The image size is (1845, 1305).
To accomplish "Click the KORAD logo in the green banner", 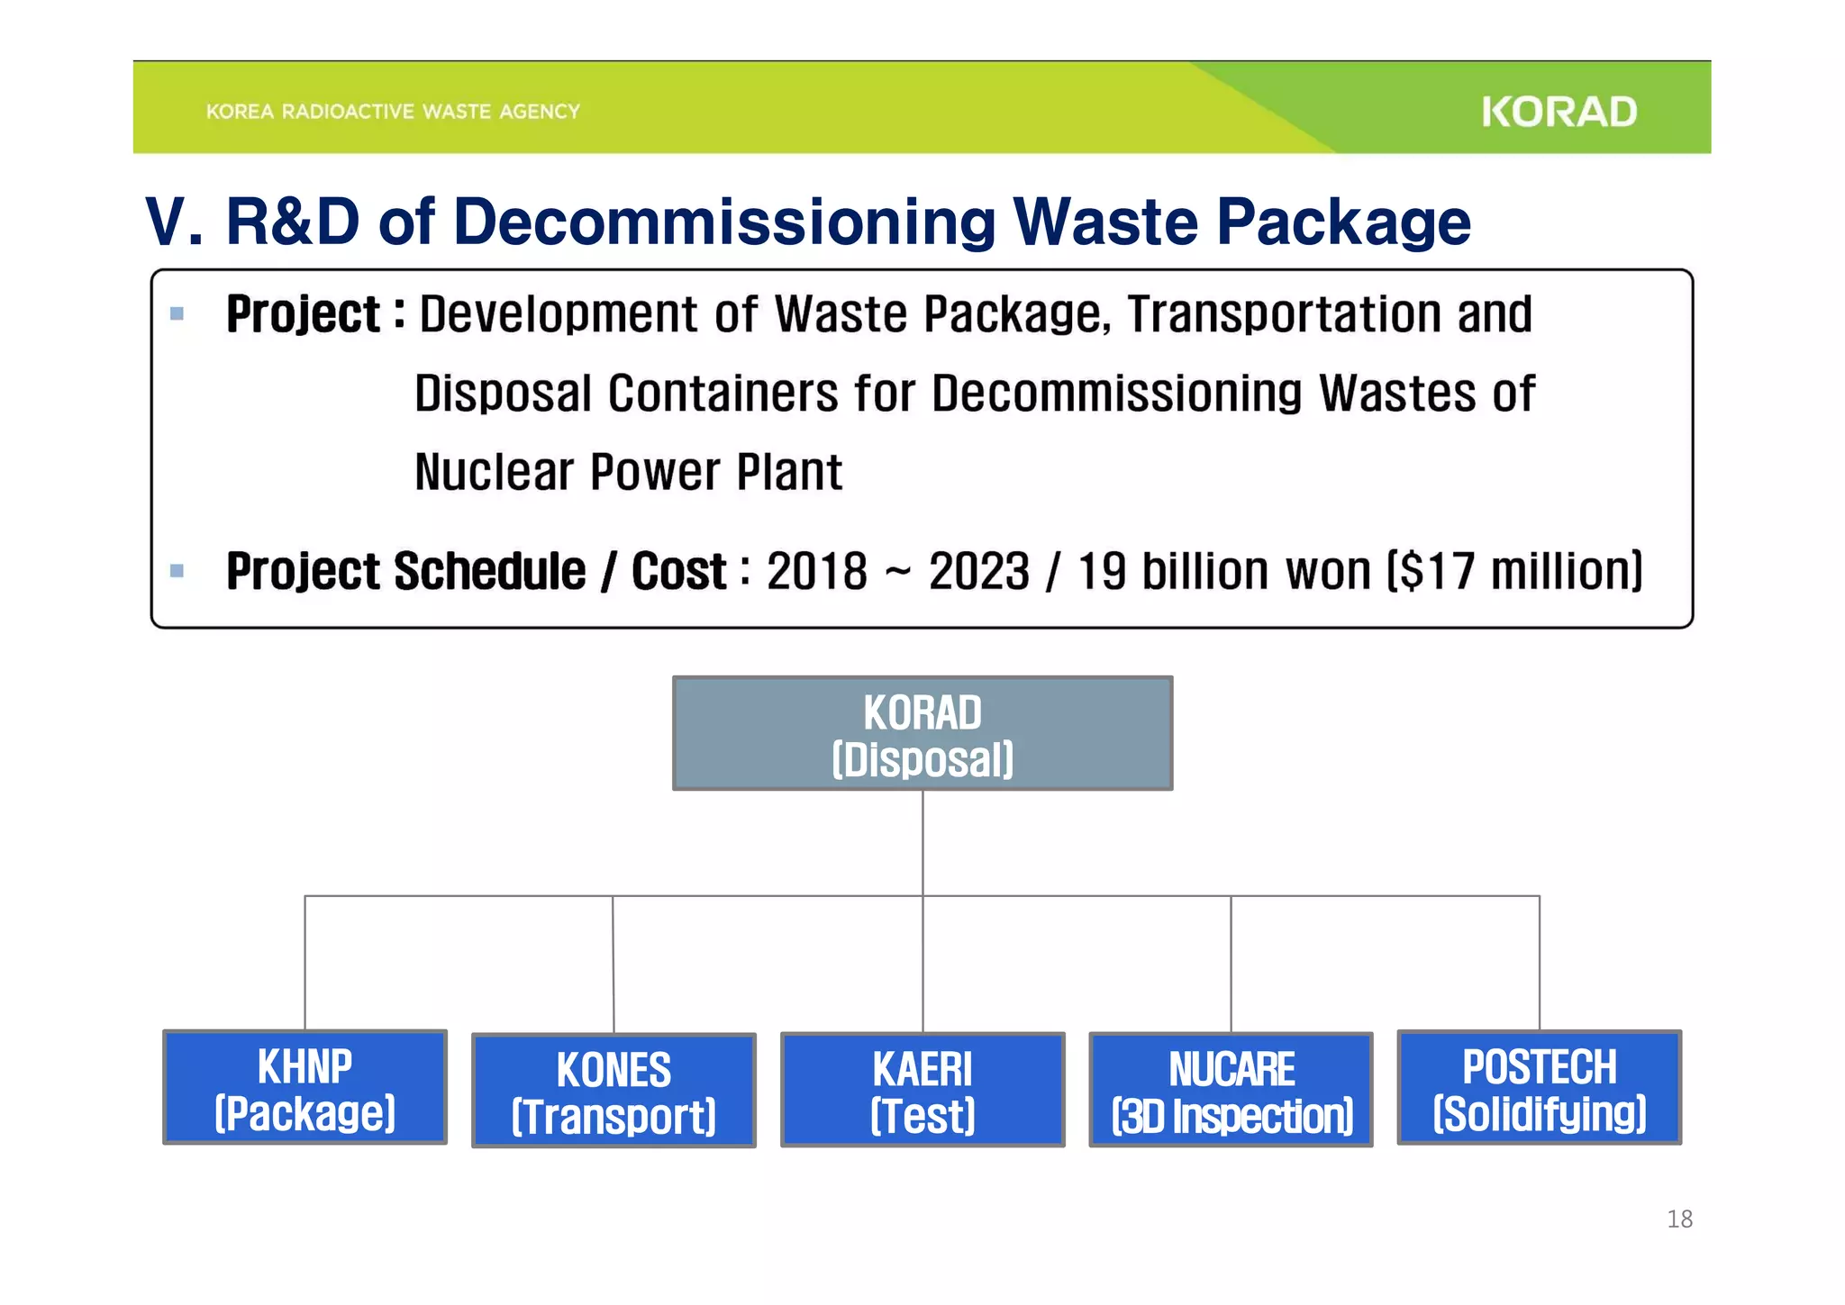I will coord(1559,113).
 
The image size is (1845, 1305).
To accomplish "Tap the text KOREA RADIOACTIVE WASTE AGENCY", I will coord(393,112).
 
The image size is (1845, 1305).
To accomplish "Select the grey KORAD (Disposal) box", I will coord(922,734).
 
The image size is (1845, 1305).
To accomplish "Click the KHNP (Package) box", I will coord(304,1088).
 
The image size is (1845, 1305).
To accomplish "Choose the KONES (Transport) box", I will coord(613,1092).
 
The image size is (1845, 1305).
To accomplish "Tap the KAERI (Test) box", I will coord(922,1090).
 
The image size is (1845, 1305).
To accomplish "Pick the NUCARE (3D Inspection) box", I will coord(1231,1090).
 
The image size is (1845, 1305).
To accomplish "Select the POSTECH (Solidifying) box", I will coord(1539,1088).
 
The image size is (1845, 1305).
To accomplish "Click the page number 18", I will coord(1679,1219).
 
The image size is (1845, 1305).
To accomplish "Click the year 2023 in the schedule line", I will coord(978,572).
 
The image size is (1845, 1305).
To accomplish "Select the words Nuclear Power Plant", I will coord(628,472).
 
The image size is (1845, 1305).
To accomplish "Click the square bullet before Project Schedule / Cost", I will coord(177,571).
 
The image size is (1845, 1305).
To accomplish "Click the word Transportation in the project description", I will coord(1284,314).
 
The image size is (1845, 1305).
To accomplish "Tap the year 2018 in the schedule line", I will coord(816,572).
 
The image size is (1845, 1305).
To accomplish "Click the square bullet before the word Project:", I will coord(177,314).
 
